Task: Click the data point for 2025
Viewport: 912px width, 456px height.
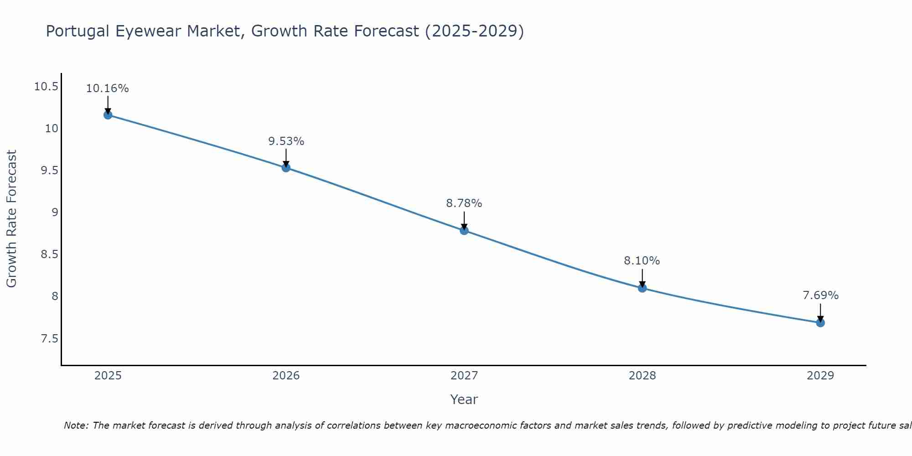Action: [108, 115]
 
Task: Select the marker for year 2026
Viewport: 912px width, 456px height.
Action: [286, 168]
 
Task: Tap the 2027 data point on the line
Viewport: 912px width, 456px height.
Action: [464, 231]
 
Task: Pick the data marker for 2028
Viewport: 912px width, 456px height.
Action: [642, 288]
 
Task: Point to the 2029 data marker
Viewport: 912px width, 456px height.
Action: [820, 323]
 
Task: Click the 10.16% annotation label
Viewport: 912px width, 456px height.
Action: [108, 88]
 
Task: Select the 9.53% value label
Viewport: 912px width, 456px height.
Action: [286, 141]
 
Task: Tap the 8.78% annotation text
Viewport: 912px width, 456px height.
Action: [464, 203]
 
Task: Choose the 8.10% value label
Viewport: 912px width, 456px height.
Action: [642, 261]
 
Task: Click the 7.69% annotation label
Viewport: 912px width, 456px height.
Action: [820, 295]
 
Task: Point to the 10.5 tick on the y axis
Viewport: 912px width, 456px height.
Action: [47, 87]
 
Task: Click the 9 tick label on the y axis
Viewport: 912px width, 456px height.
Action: [55, 212]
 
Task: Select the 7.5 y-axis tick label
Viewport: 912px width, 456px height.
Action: [50, 339]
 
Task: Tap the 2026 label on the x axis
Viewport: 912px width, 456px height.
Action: [286, 376]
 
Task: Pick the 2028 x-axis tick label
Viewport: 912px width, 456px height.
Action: [642, 376]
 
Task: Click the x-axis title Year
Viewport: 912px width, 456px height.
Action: [464, 399]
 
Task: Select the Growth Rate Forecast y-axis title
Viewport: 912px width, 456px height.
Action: [12, 219]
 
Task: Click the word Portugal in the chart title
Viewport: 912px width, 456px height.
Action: [78, 31]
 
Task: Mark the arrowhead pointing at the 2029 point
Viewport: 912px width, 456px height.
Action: [820, 319]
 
